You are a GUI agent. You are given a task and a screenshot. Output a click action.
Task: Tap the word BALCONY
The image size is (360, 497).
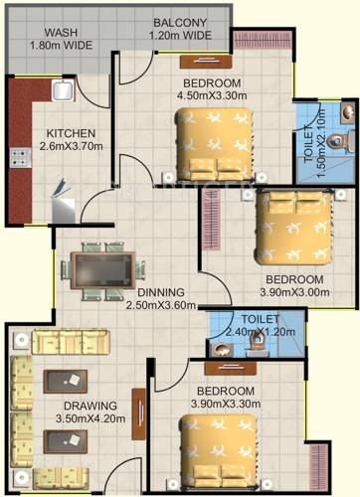180,23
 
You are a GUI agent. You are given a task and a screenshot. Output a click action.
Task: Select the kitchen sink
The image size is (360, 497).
60,93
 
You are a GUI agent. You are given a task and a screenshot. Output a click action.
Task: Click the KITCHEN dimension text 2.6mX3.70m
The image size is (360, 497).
71,147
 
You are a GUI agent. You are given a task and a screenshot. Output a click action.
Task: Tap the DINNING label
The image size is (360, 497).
160,292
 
